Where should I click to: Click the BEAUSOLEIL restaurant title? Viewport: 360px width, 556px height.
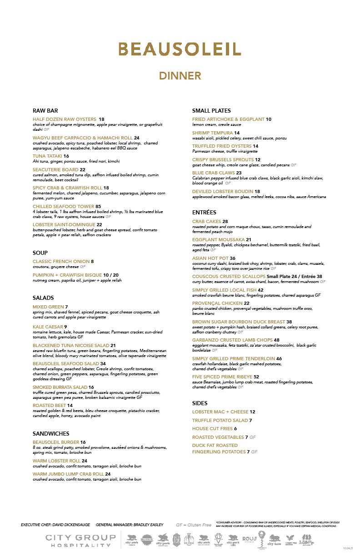click(x=180, y=49)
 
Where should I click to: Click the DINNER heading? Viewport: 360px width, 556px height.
click(x=180, y=75)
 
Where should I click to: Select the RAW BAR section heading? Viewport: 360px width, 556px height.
click(x=45, y=110)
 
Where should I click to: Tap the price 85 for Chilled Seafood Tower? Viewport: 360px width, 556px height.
click(x=98, y=206)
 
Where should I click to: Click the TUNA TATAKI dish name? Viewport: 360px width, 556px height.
click(x=47, y=156)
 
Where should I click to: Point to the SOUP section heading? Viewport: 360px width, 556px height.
click(x=40, y=253)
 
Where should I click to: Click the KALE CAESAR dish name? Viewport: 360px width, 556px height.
click(x=47, y=327)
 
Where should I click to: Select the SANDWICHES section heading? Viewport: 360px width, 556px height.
click(x=51, y=433)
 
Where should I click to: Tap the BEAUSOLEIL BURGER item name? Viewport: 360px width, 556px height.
click(x=56, y=442)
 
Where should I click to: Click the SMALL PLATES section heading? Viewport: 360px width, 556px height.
click(x=211, y=110)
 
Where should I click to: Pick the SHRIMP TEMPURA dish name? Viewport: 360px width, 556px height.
click(x=212, y=133)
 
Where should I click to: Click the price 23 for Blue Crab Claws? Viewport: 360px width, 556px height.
click(x=239, y=173)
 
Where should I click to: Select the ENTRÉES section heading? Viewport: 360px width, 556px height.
click(x=204, y=212)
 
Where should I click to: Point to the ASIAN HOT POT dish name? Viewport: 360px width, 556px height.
click(x=210, y=258)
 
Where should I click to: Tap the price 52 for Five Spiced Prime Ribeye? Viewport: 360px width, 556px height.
click(x=256, y=377)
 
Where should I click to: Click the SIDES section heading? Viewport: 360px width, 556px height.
click(x=200, y=403)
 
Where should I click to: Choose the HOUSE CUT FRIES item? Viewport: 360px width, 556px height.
click(x=212, y=428)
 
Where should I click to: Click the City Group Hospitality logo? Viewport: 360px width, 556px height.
click(x=78, y=541)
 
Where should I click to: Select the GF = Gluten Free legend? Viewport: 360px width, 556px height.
click(x=193, y=525)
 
